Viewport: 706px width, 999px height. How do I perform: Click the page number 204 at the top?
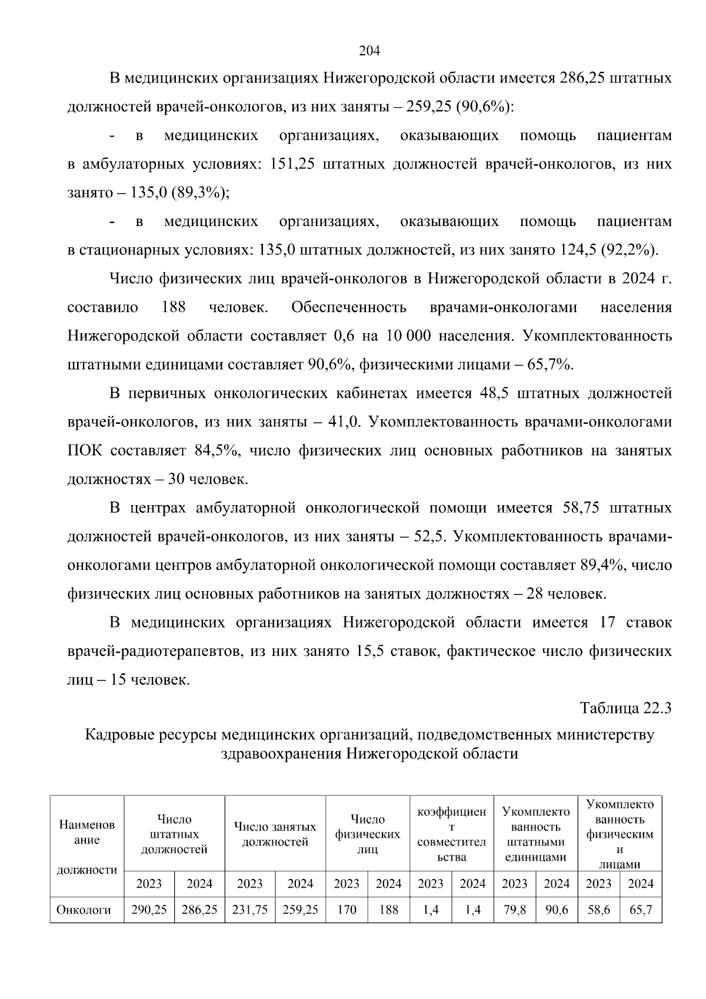(x=369, y=51)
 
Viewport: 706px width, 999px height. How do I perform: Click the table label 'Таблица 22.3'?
(x=625, y=708)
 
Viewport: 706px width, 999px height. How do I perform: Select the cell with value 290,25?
(x=149, y=910)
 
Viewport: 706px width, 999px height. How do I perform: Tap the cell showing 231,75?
(x=250, y=910)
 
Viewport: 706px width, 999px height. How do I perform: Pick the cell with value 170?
(x=347, y=910)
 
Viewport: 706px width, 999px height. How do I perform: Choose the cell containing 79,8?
(x=514, y=910)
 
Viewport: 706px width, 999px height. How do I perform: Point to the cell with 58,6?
(x=599, y=910)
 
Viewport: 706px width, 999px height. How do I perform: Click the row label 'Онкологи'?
(x=84, y=910)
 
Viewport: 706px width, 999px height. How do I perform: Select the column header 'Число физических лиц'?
(x=368, y=834)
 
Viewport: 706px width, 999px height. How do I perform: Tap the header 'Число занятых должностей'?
(x=275, y=834)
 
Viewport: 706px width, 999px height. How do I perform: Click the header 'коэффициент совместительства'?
(x=451, y=834)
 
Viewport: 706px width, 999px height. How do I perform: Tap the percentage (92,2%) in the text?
(x=628, y=250)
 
